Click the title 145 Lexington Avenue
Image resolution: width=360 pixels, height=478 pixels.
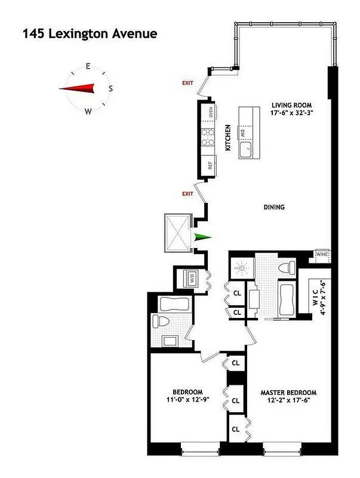90,34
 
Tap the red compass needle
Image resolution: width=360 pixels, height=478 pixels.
78,89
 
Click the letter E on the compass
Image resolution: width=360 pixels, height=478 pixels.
88,67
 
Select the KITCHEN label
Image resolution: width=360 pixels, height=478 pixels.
228,137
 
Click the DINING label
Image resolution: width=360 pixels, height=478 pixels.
273,208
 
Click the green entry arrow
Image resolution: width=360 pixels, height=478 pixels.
202,238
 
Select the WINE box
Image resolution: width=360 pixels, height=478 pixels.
321,254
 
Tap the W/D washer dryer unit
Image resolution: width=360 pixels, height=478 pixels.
191,278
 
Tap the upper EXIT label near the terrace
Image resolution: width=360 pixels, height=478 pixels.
188,83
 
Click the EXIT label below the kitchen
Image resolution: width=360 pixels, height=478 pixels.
188,194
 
